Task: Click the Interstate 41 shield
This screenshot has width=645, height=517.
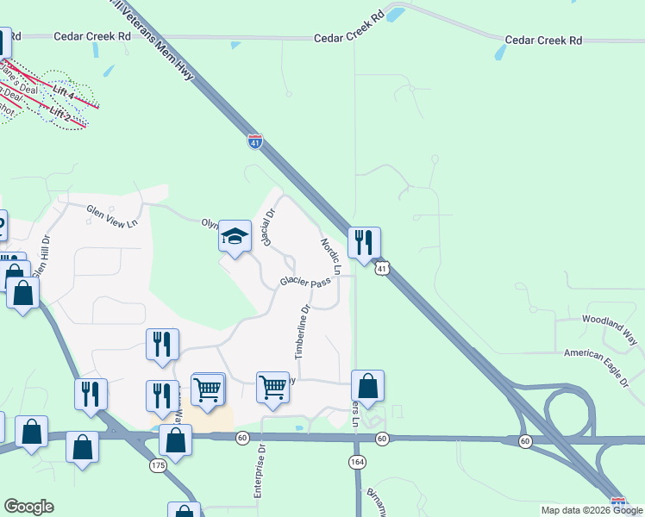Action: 254,141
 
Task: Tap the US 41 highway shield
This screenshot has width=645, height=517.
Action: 382,270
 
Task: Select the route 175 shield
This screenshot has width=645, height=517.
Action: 158,465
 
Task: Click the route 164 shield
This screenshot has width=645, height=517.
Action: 356,463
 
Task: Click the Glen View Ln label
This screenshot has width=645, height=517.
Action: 111,215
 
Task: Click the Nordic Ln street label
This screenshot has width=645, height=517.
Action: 331,257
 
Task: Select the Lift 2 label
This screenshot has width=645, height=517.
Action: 60,113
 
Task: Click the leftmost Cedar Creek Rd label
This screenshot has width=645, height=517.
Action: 91,36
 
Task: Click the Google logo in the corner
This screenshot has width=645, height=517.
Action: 28,507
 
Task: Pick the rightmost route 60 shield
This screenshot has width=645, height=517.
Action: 525,441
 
